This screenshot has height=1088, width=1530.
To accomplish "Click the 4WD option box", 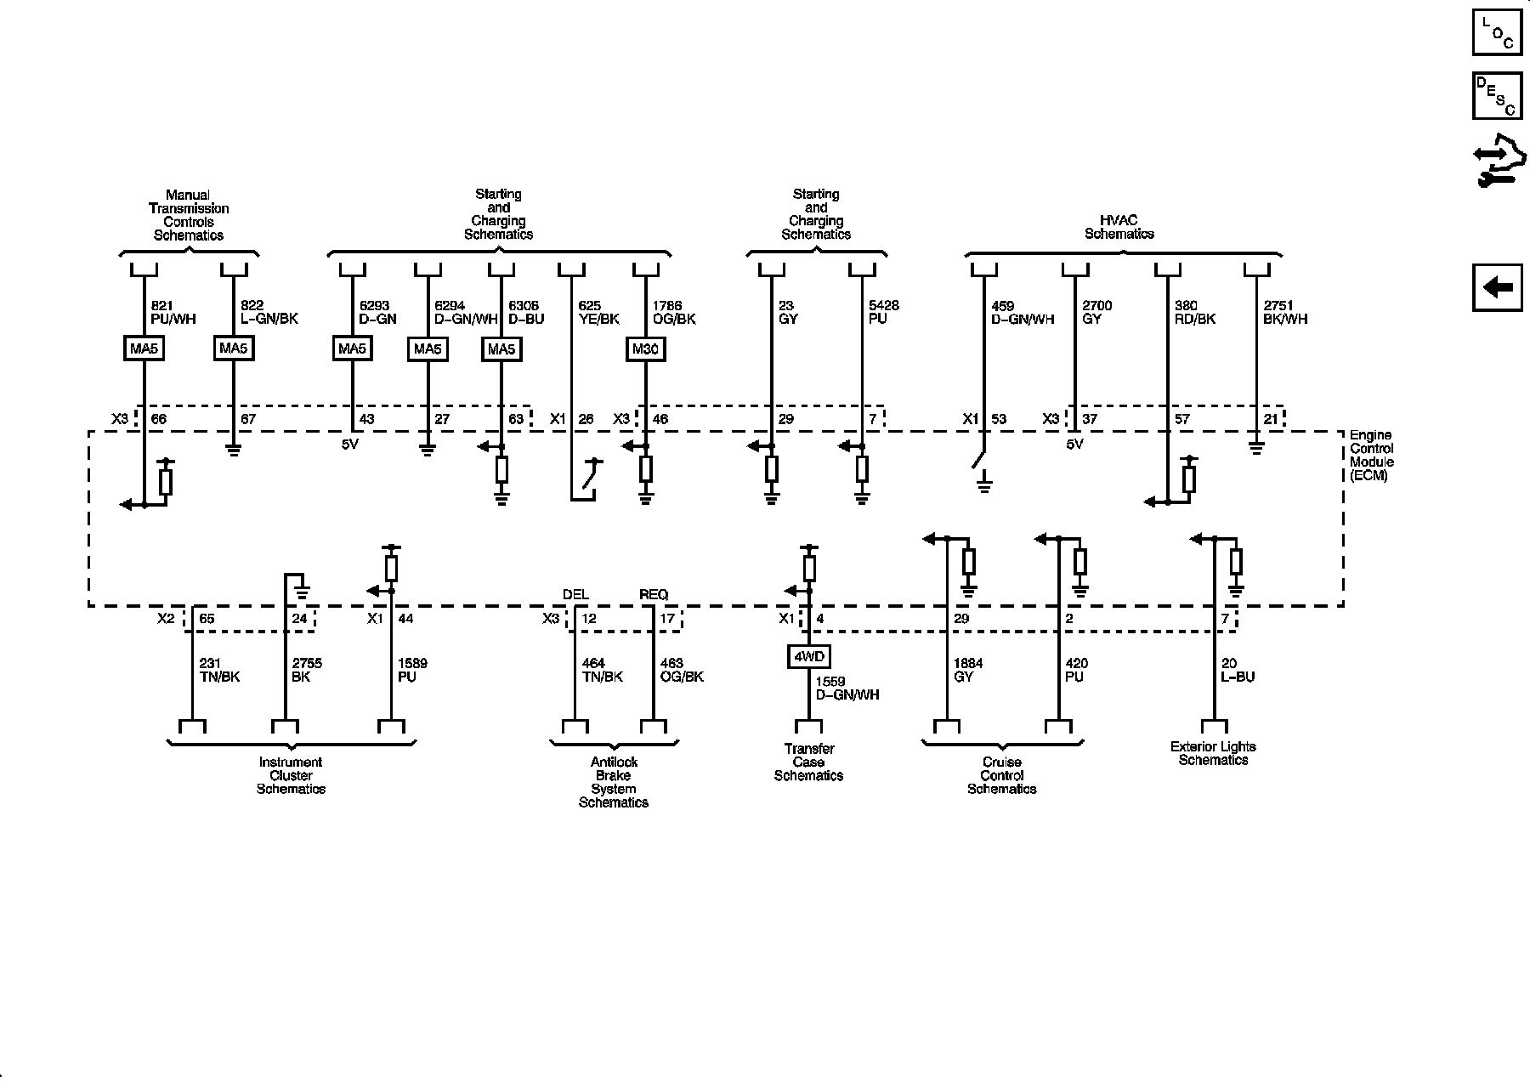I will [x=808, y=657].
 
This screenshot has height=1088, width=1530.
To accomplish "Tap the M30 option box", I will [x=645, y=348].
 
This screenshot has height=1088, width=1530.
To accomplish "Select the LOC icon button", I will [x=1498, y=32].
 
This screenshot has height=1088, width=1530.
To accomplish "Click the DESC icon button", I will [x=1498, y=95].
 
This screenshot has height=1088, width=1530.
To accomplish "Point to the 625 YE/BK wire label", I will [x=598, y=312].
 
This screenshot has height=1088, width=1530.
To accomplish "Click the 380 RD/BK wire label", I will [x=1195, y=312].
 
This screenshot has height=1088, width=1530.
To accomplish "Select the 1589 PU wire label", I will [x=412, y=670].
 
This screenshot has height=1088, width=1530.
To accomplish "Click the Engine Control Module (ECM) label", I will [x=1371, y=456].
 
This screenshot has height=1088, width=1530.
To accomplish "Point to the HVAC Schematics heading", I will [x=1119, y=227].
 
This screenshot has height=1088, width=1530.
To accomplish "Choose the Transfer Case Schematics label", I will [x=808, y=762].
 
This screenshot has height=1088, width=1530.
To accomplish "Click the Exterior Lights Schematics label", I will [x=1213, y=753].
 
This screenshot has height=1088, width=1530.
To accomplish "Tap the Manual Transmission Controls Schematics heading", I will [x=188, y=215].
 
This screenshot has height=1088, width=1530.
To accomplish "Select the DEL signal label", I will [x=575, y=594].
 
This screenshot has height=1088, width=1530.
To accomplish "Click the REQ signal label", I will [x=654, y=594].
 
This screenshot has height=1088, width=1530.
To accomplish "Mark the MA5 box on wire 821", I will [x=143, y=348].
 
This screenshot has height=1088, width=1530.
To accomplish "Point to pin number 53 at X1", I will [x=998, y=419].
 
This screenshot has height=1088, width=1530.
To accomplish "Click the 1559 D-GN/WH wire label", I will [x=847, y=688].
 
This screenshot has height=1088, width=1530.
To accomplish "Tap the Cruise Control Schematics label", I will [x=1002, y=775].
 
